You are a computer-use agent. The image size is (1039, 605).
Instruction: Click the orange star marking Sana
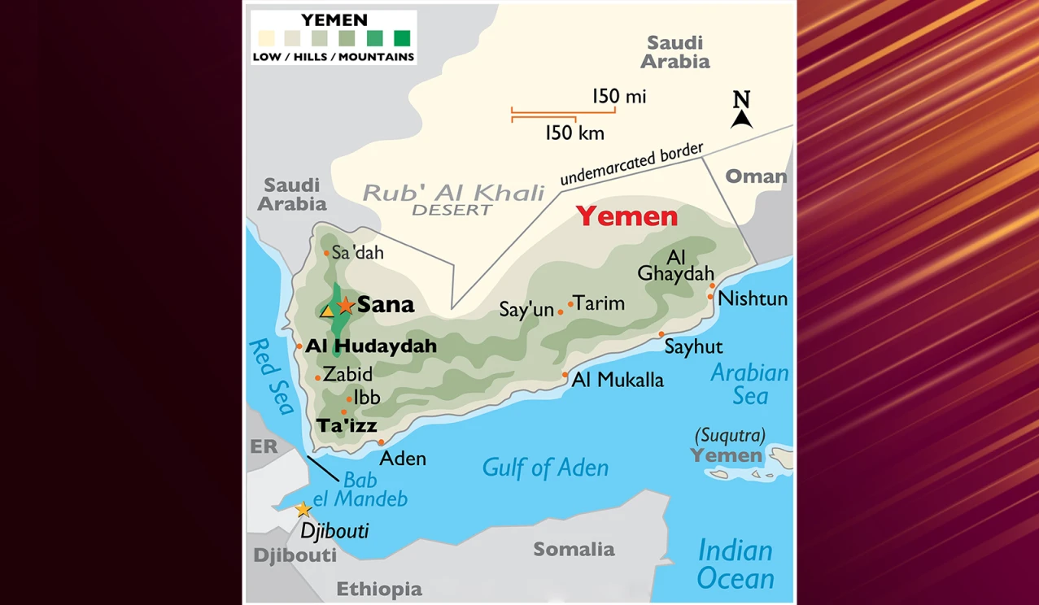coord(346,306)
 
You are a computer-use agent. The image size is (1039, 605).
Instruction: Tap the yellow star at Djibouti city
coord(303,510)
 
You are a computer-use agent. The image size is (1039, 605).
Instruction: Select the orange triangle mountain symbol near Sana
coord(327,311)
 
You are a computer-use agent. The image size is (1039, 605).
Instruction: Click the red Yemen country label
coord(626,216)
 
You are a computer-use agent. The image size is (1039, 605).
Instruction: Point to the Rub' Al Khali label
coord(453,194)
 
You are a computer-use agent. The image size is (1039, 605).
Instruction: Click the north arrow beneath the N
coord(741,119)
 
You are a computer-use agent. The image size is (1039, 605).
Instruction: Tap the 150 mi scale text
coord(619,97)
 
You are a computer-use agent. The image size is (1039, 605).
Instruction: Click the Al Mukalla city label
coord(618,380)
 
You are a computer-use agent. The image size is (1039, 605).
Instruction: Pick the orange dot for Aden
coord(381,443)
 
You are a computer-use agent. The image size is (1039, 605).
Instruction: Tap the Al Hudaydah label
coord(371,346)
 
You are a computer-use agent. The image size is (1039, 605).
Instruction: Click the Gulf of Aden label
coord(545,468)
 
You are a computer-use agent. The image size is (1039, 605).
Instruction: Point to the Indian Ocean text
coord(736,564)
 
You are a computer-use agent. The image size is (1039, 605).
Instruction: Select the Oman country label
coord(756,176)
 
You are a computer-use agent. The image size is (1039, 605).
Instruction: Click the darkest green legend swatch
coord(402,37)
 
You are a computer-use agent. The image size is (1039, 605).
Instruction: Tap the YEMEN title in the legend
coord(334,20)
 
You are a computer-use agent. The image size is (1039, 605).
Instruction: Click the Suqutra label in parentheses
coord(730,435)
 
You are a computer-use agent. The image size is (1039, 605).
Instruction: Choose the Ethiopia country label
coord(379,589)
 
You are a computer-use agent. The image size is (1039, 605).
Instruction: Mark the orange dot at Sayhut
coord(661,334)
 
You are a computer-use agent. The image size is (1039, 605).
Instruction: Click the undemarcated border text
coord(631,165)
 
